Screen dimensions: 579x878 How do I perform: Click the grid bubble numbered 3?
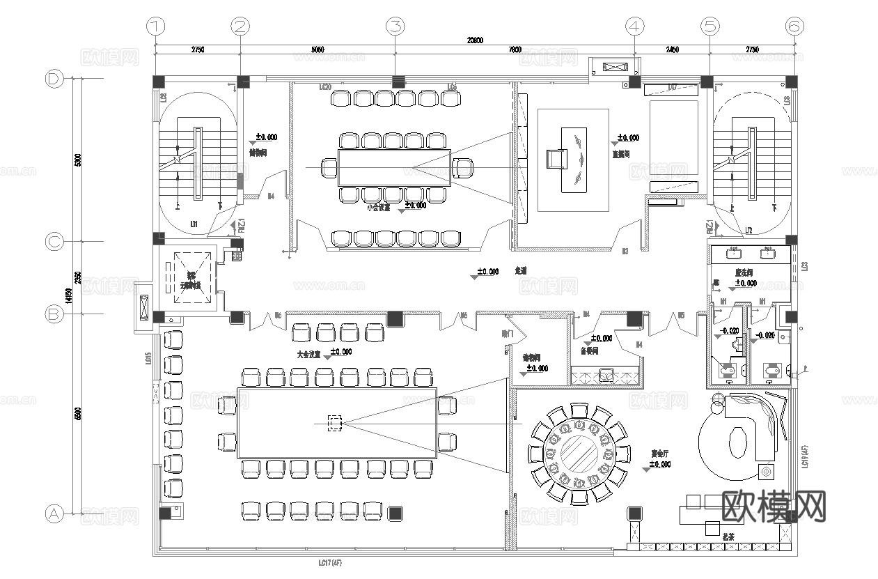coord(395,26)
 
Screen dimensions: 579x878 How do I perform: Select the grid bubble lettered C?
coord(54,242)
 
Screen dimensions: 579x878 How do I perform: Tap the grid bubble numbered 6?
coord(794,26)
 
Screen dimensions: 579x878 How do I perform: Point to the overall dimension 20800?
coord(475,40)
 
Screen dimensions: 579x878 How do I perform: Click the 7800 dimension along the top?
coord(515,50)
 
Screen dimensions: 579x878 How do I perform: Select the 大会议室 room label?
coord(308,355)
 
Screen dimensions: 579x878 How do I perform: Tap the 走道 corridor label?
coord(521,270)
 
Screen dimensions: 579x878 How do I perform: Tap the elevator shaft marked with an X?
coord(187,277)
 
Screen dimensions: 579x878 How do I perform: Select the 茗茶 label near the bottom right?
coord(729,538)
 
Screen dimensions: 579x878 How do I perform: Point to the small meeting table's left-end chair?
coord(329,168)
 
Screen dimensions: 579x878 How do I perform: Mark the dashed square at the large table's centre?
coord(335,422)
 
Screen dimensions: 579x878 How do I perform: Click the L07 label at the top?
coord(673,87)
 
